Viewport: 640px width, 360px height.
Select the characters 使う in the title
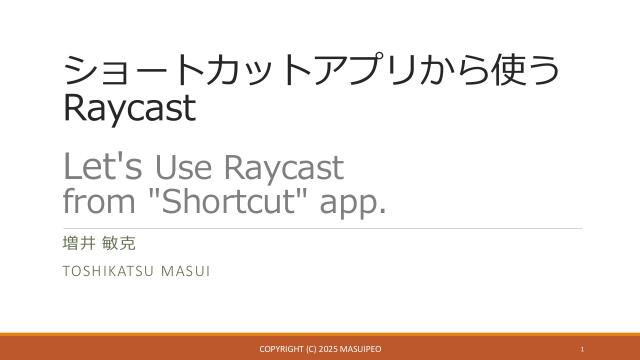[523, 71]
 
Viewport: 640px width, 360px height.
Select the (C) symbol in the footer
[315, 348]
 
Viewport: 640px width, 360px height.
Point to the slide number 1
[582, 348]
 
